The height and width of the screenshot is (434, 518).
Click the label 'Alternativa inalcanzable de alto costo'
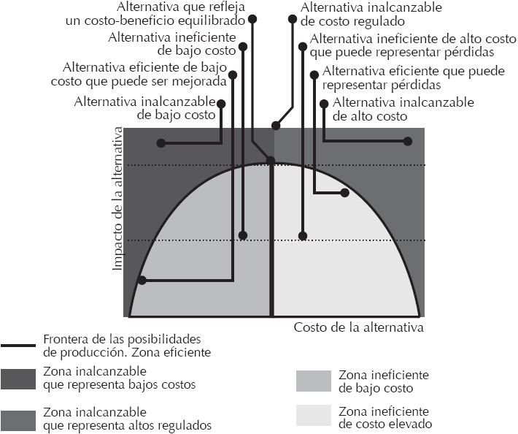(x=403, y=109)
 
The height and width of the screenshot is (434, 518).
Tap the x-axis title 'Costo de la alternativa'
(x=358, y=327)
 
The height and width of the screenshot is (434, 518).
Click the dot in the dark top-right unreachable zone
(x=409, y=142)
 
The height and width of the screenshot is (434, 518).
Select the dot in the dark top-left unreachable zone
(x=160, y=142)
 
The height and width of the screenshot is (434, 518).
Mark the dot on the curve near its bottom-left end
(x=142, y=280)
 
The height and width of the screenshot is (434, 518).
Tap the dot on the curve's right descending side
(x=345, y=193)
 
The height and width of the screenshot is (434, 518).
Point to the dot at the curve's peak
(x=271, y=161)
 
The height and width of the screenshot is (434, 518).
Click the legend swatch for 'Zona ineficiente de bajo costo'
(x=314, y=381)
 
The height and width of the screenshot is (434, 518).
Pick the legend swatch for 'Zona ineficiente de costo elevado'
(x=314, y=416)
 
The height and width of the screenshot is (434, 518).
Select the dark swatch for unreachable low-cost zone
(x=19, y=378)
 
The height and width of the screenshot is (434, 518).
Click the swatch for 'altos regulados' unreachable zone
(x=19, y=419)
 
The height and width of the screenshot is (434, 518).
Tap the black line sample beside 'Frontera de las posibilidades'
(x=19, y=345)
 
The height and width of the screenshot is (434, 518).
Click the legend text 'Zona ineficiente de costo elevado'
(x=384, y=417)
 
